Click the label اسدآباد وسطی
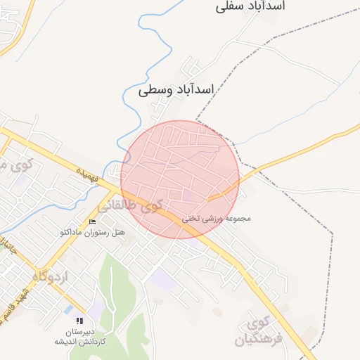click(x=176, y=90)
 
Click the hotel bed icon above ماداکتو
click(x=92, y=222)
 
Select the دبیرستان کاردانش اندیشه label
click(x=79, y=336)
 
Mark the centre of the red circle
click(x=180, y=179)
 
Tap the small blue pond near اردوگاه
click(x=68, y=309)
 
